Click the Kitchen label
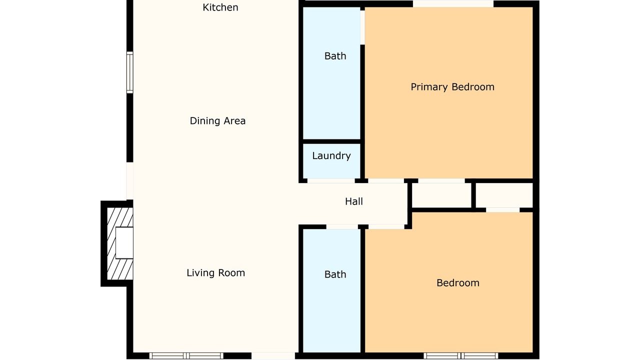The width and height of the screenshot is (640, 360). (x=220, y=7)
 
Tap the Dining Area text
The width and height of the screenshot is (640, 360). (x=217, y=121)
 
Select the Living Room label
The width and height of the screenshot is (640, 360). (x=215, y=273)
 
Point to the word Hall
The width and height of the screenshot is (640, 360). (x=354, y=201)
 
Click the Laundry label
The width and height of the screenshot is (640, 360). (x=331, y=155)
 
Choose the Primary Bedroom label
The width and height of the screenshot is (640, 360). (x=452, y=87)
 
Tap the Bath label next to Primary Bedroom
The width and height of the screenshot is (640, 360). (x=335, y=56)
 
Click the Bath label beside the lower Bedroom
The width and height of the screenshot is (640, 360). (x=335, y=274)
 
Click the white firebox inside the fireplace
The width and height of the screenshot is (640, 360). (x=124, y=243)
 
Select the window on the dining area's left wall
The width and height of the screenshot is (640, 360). (x=129, y=72)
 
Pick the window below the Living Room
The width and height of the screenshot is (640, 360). (x=186, y=355)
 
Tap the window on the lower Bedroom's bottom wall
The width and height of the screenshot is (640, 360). (x=461, y=355)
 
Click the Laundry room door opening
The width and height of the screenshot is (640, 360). (x=331, y=181)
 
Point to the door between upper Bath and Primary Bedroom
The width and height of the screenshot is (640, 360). (x=362, y=27)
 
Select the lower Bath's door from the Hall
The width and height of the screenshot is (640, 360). (x=342, y=227)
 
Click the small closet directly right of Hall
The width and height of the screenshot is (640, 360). (x=441, y=195)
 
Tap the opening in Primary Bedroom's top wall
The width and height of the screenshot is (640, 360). (x=453, y=3)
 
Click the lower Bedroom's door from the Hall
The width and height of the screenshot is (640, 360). (x=386, y=227)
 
